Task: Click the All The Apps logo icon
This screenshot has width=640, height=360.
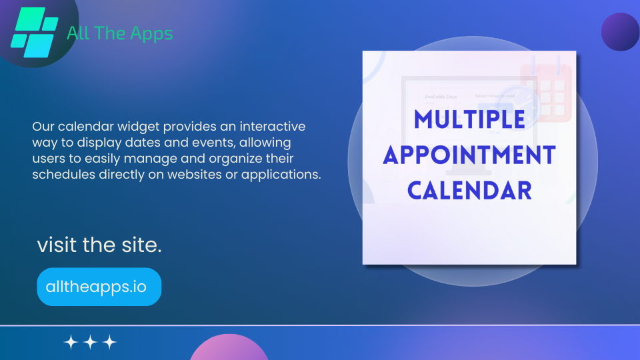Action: [34, 32]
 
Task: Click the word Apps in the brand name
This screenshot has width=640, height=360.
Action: [151, 34]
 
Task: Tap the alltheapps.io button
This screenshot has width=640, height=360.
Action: [99, 287]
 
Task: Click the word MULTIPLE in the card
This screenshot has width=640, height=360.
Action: [469, 119]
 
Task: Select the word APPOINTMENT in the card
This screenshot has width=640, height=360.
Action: [469, 155]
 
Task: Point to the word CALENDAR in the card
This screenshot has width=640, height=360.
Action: [469, 191]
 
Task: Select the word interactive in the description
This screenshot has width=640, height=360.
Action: [272, 126]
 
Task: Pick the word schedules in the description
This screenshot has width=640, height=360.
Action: [64, 174]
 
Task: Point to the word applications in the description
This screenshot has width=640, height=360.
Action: [281, 175]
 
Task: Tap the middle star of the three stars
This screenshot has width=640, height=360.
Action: [90, 342]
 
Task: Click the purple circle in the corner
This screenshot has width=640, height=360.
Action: [621, 31]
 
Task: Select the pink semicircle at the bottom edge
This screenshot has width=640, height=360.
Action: [229, 348]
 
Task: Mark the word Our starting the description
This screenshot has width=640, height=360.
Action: [43, 126]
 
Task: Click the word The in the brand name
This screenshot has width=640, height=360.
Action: [109, 33]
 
